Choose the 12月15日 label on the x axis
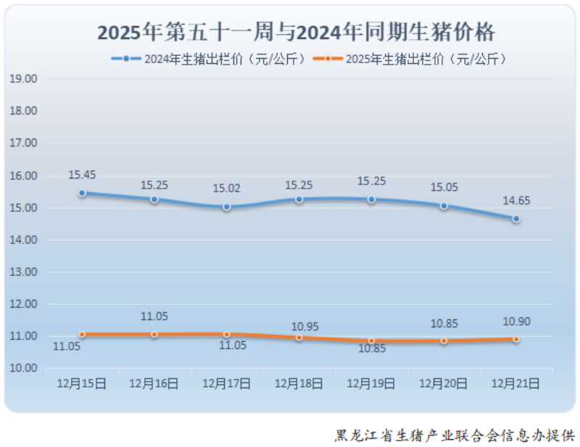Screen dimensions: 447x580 click(x=82, y=384)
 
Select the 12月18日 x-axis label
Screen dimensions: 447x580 click(x=299, y=384)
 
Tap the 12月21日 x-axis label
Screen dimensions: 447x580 click(x=515, y=384)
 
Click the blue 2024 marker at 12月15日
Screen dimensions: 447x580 click(x=82, y=193)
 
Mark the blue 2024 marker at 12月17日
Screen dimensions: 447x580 click(x=227, y=207)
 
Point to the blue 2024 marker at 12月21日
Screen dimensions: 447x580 click(x=515, y=218)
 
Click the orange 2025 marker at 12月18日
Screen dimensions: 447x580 click(x=299, y=337)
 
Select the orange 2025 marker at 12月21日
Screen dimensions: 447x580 click(x=515, y=339)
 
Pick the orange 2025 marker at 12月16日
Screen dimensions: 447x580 click(x=154, y=334)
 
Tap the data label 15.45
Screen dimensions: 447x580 click(x=82, y=175)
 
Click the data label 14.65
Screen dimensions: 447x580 click(x=517, y=201)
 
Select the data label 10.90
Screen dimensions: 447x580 click(x=517, y=321)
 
